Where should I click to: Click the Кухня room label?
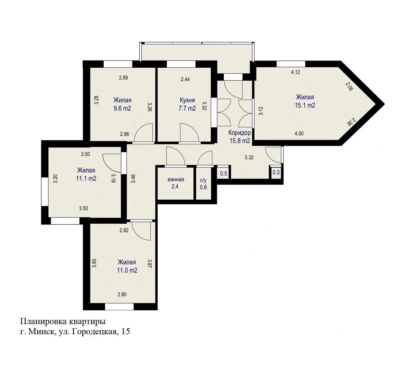coord(187,100)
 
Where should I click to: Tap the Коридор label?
coord(239,133)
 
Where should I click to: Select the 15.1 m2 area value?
coord(305,105)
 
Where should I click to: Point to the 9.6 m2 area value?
coord(122,108)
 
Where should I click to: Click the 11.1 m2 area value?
coord(86,179)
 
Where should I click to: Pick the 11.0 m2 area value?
coord(127,270)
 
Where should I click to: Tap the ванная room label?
coord(176,179)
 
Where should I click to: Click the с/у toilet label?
coord(203,180)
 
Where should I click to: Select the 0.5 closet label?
coord(224,173)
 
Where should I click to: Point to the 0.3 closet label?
coord(276,172)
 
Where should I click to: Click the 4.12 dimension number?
coord(295,72)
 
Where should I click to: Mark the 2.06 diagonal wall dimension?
coord(349,86)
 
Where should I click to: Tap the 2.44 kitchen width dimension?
coord(185,79)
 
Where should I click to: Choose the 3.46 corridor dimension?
coord(133,179)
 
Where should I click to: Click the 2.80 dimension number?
coord(122,294)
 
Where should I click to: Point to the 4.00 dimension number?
coord(299,133)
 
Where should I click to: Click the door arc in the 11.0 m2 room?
coord(141,231)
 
